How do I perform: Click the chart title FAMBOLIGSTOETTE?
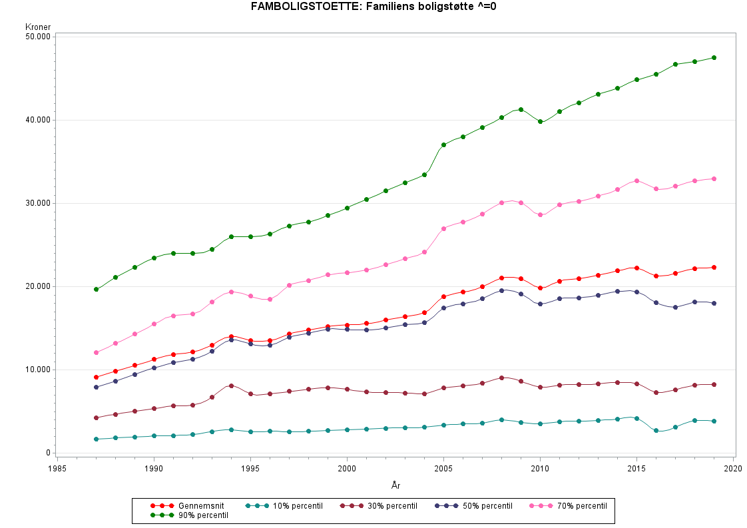373,7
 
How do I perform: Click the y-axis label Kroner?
38,27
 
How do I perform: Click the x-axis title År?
395,485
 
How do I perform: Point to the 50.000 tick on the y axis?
39,37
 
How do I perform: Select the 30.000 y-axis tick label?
39,203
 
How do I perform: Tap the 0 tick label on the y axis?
49,453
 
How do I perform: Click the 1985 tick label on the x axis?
58,469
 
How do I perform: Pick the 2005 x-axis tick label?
443,469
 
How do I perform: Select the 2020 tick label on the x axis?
733,469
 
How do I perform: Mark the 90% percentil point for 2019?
714,57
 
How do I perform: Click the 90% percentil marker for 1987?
97,289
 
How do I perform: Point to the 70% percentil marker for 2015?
636,180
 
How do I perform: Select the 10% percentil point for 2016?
656,431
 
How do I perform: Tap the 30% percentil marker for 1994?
231,386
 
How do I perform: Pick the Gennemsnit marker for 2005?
443,296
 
